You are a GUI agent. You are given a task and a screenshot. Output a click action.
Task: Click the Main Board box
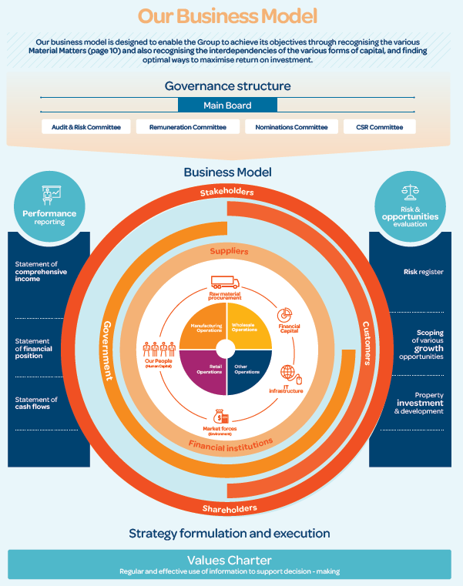(x=227, y=105)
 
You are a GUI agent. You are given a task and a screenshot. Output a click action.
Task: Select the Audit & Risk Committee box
(x=86, y=127)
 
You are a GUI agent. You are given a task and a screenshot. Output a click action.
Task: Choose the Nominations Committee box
(x=287, y=127)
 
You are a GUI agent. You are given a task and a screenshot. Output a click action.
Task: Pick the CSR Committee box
(x=380, y=127)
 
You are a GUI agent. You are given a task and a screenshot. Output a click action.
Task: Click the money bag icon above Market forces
(x=222, y=417)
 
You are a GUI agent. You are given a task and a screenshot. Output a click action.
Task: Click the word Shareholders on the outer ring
(x=230, y=509)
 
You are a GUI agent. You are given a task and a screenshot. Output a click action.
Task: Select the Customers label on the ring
(x=366, y=343)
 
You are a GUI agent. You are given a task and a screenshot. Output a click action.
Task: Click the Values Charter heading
(x=230, y=560)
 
